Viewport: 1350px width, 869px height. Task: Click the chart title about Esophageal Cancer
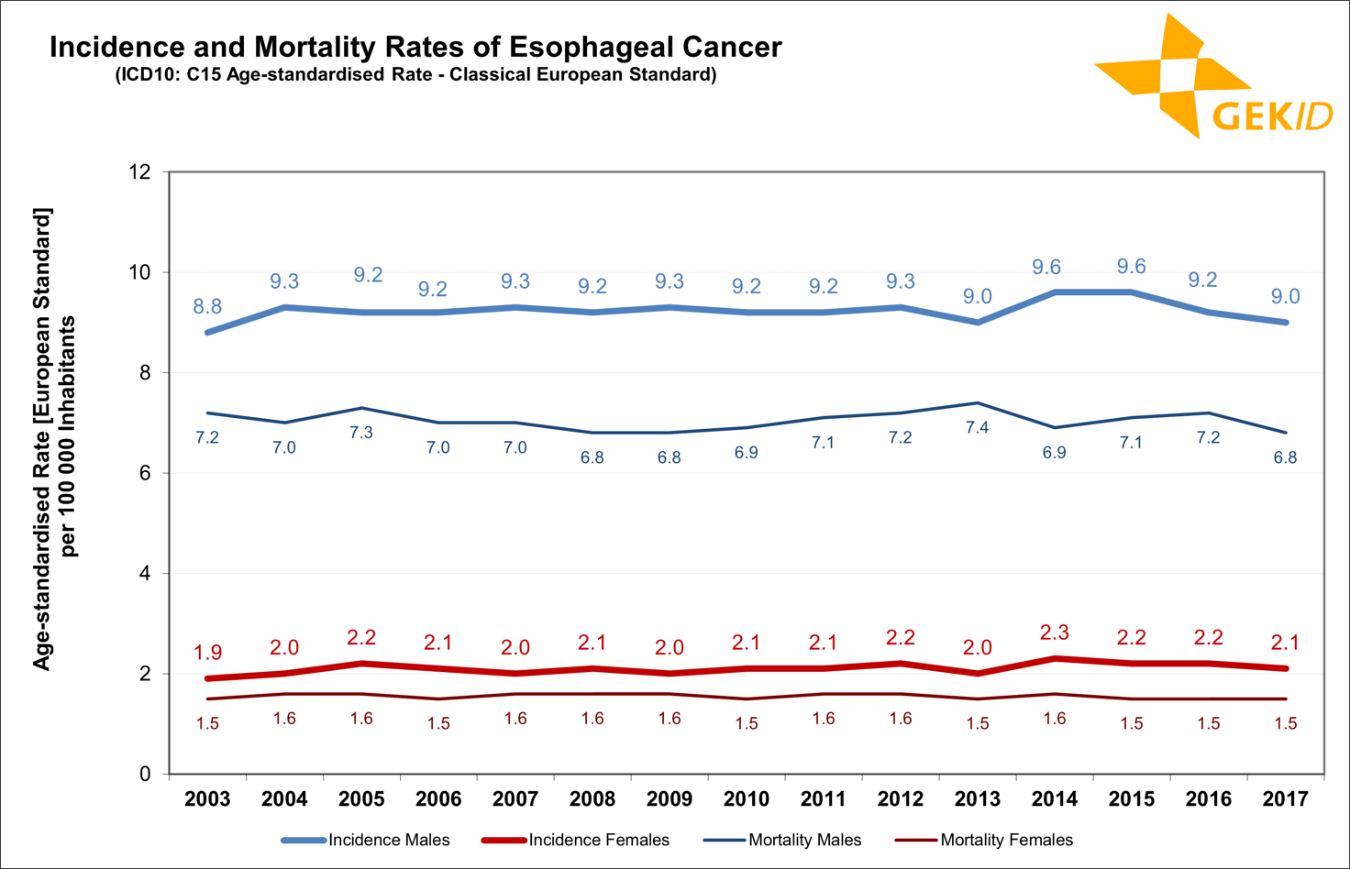[x=415, y=47]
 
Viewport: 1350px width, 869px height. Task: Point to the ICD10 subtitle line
[x=415, y=74]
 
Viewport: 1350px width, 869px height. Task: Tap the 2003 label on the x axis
[x=207, y=799]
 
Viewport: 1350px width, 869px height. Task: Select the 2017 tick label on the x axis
[x=1285, y=799]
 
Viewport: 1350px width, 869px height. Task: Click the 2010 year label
[x=746, y=799]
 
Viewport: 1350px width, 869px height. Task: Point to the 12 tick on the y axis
[x=140, y=172]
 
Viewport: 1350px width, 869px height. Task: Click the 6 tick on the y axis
[x=145, y=473]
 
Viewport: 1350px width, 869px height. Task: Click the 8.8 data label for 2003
[x=207, y=307]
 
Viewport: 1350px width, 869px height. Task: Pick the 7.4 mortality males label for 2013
[x=977, y=428]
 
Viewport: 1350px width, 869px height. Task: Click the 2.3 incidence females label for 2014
[x=1055, y=632]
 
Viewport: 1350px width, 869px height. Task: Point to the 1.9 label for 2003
[x=207, y=653]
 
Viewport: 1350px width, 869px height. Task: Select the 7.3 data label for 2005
[x=361, y=433]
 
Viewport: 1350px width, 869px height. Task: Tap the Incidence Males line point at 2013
[x=978, y=323]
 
